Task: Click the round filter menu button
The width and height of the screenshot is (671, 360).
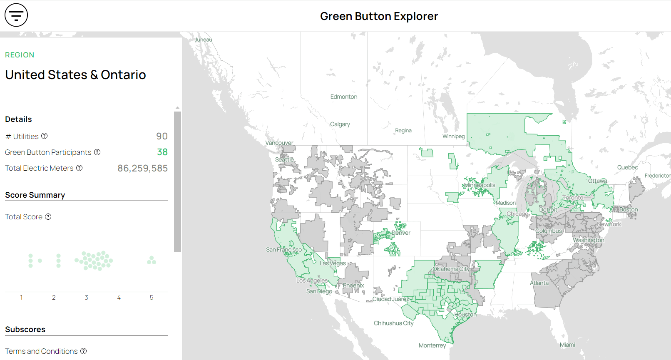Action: (x=16, y=15)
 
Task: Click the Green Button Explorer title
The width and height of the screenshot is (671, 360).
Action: (x=379, y=16)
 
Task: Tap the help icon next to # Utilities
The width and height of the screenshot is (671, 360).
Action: (x=45, y=136)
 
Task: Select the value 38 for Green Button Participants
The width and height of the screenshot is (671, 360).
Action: (x=162, y=152)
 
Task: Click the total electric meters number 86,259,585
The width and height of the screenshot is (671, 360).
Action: (x=142, y=168)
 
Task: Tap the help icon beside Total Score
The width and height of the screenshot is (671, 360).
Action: (x=48, y=217)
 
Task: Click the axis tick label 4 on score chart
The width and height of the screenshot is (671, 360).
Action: (x=119, y=298)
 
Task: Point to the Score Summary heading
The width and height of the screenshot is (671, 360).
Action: (x=35, y=195)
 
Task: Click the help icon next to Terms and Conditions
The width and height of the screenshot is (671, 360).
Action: (x=84, y=351)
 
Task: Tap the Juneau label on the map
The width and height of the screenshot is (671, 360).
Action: (x=204, y=40)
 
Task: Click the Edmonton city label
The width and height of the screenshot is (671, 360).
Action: (x=344, y=97)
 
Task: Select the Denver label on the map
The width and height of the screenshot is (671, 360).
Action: (x=401, y=233)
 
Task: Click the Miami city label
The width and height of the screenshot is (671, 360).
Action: (x=567, y=345)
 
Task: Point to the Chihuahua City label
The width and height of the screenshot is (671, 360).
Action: (x=393, y=323)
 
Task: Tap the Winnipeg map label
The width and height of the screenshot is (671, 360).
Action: (x=453, y=137)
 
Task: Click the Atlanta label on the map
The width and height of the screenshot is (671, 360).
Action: (x=539, y=283)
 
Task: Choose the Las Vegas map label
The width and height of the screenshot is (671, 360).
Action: (x=333, y=263)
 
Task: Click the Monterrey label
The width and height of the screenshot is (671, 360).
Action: (x=432, y=345)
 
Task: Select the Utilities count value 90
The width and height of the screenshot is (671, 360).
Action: (x=162, y=137)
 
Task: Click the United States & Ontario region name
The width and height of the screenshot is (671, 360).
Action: (x=75, y=75)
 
